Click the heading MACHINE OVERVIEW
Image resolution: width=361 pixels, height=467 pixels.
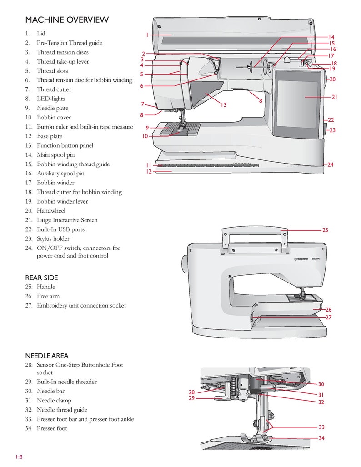pos(67,20)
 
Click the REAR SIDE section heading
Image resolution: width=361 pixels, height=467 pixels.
pos(41,278)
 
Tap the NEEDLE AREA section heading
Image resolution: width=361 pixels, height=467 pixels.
pos(47,356)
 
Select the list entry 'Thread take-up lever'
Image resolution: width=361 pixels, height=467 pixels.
pos(63,61)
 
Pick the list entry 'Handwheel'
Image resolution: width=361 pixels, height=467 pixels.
pos(51,210)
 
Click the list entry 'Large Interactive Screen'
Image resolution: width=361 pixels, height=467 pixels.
pos(67,220)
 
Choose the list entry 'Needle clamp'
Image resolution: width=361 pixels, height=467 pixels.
pos(55,400)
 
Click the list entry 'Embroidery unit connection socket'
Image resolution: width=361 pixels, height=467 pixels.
pos(81,305)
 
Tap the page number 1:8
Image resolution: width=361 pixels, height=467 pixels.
pos(19,457)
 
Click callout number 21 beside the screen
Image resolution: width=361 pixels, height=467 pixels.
pos(334,97)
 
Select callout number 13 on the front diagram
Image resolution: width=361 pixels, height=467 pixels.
pos(223,105)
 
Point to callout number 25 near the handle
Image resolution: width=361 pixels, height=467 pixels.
pos(325,230)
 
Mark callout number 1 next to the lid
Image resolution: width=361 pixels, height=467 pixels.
pos(147,35)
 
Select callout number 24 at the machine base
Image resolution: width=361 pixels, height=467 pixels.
pos(331,164)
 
